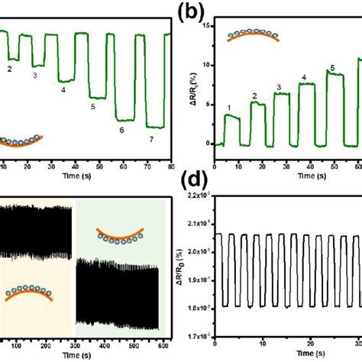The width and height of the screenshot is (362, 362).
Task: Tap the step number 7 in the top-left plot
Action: (150, 140)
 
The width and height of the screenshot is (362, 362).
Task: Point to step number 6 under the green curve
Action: (121, 131)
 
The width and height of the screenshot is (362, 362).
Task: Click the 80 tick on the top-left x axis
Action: (168, 165)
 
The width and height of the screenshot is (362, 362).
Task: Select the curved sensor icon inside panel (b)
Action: (254, 34)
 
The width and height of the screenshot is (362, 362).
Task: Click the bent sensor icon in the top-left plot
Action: (21, 141)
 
